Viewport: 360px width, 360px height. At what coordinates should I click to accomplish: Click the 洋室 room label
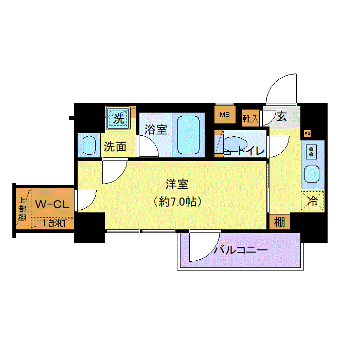(177, 184)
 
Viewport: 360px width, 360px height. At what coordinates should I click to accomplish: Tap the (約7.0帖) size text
(177, 202)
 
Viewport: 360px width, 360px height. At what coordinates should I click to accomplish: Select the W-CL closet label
(51, 204)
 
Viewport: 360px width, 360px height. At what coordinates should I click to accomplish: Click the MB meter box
(225, 114)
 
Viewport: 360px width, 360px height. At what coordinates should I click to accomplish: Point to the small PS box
(308, 134)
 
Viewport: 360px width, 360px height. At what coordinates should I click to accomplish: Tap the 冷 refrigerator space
(312, 201)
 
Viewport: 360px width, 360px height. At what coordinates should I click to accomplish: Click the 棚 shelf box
(279, 222)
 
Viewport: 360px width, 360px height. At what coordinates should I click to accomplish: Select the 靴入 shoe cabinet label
(251, 119)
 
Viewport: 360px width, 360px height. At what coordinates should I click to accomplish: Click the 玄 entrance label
(281, 116)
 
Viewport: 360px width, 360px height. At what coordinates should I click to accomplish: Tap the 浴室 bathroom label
(155, 129)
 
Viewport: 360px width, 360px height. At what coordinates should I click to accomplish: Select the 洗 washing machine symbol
(119, 118)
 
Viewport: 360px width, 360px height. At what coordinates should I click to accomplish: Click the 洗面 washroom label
(115, 147)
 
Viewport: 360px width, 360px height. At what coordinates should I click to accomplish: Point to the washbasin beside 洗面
(89, 146)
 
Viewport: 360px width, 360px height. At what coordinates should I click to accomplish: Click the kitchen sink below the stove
(312, 174)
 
